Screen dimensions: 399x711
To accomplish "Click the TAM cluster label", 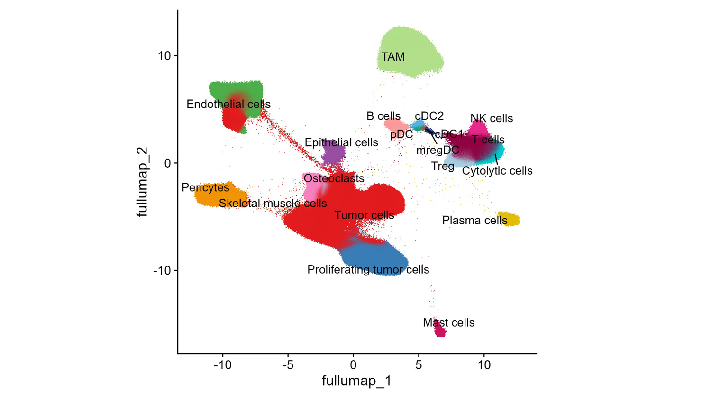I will click(x=393, y=57).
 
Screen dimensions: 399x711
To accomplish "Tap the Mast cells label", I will click(x=448, y=323).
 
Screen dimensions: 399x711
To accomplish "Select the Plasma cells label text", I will click(x=474, y=221).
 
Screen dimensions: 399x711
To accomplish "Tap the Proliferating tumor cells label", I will click(x=368, y=270).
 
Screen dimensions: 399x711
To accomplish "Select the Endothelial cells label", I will click(x=228, y=104).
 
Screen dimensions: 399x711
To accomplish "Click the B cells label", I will click(x=383, y=116).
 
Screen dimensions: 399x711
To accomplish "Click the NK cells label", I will click(x=491, y=118).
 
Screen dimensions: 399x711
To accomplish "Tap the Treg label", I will click(x=442, y=166).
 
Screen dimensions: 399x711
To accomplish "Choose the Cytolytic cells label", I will click(x=497, y=171).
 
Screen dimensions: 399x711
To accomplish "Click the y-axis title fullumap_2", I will click(x=142, y=182).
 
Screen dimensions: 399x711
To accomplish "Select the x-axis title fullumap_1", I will click(x=356, y=381).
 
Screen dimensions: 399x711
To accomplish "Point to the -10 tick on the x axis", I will click(x=222, y=365).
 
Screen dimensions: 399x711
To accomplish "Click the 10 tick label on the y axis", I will click(x=164, y=56).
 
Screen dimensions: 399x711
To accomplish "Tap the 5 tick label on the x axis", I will click(x=419, y=365).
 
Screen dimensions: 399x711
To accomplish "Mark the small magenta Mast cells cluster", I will click(x=440, y=331).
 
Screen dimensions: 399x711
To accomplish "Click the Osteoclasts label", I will click(x=334, y=178).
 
